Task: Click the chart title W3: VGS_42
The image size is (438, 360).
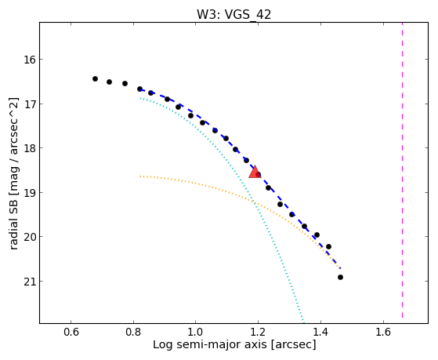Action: pyautogui.click(x=233, y=14)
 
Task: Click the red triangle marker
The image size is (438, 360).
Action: pyautogui.click(x=255, y=172)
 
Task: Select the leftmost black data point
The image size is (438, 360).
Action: pyautogui.click(x=95, y=78)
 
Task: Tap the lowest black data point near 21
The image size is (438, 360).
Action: pyautogui.click(x=340, y=277)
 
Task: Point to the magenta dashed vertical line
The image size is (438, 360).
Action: pyautogui.click(x=402, y=170)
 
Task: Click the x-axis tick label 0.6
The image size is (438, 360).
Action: pyautogui.click(x=71, y=332)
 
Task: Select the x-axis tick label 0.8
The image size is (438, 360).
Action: pyautogui.click(x=133, y=332)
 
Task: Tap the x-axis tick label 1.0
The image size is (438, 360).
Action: pyautogui.click(x=196, y=332)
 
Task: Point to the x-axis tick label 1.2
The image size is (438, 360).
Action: pyautogui.click(x=258, y=332)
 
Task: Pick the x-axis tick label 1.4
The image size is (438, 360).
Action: pyautogui.click(x=320, y=332)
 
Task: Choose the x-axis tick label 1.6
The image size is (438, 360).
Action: pyautogui.click(x=383, y=332)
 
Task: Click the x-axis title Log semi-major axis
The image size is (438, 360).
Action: pyautogui.click(x=210, y=345)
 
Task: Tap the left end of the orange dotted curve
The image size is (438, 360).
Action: pyautogui.click(x=140, y=176)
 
